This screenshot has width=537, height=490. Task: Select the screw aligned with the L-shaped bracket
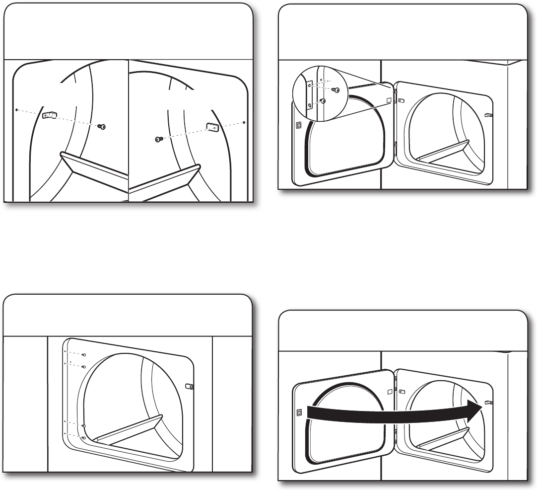103,127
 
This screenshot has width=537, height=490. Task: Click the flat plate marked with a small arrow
212,127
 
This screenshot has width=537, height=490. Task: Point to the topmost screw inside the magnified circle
335,90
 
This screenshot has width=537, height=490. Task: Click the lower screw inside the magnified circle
323,101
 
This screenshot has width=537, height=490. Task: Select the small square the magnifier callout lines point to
389,100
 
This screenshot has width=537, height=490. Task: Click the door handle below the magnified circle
298,125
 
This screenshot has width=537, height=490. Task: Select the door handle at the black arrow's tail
299,411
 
